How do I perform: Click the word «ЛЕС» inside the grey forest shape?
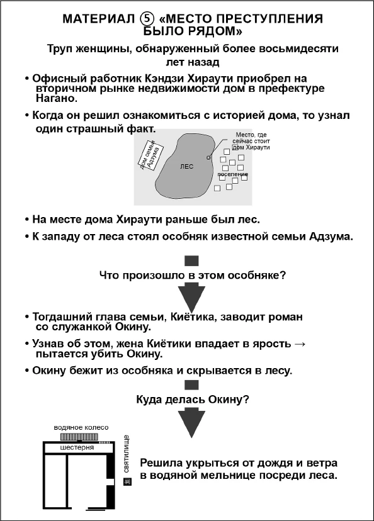pyautogui.click(x=186, y=167)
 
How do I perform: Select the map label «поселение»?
pyautogui.click(x=233, y=174)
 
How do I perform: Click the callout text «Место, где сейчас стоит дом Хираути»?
pyautogui.click(x=251, y=141)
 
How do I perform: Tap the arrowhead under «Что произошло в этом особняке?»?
pyautogui.click(x=192, y=296)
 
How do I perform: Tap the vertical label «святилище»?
pyautogui.click(x=127, y=454)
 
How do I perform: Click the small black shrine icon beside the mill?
pyautogui.click(x=127, y=482)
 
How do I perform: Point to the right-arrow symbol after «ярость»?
pyautogui.click(x=300, y=344)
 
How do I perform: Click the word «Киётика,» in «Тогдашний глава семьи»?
pyautogui.click(x=186, y=317)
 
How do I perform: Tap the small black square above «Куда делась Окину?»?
pyautogui.click(x=192, y=385)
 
